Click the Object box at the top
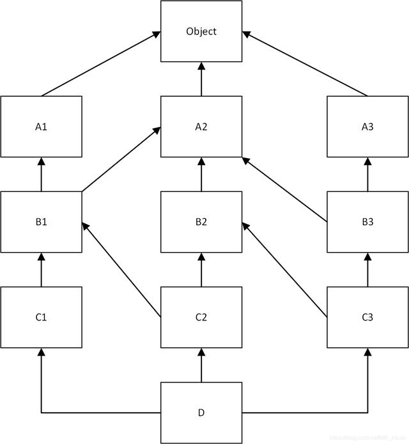pos(201,31)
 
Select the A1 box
pos(42,126)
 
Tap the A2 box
pos(201,126)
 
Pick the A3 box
pos(367,126)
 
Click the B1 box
pos(42,222)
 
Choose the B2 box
pos(201,222)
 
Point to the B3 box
pos(367,222)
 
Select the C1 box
pos(42,317)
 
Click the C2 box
pos(201,317)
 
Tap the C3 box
pos(367,317)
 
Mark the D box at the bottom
pos(201,413)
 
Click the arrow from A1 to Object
pos(101,65)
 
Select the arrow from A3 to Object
pos(305,65)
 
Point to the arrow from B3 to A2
pos(284,190)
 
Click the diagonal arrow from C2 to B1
pos(121,269)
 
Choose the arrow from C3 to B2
pos(284,269)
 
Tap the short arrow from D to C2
pos(201,365)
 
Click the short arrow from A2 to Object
pos(201,79)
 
